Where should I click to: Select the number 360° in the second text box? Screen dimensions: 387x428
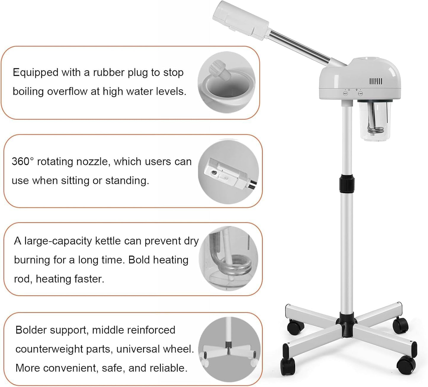pyautogui.click(x=23, y=162)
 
